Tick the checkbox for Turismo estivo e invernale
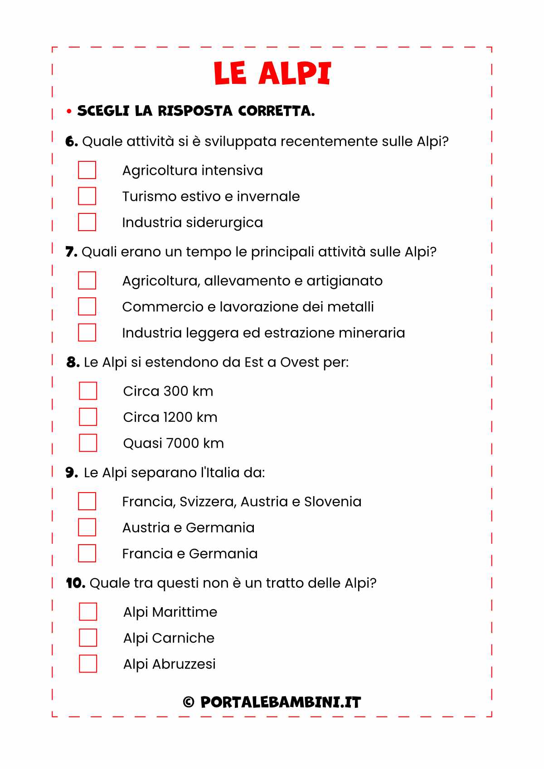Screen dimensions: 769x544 click(87, 196)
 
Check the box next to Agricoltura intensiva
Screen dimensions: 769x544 click(87, 170)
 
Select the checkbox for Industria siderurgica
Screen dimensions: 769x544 click(87, 222)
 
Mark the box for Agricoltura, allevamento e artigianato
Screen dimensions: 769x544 click(87, 281)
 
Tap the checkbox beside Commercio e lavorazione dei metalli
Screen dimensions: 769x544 click(87, 306)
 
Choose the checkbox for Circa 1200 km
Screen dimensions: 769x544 click(88, 417)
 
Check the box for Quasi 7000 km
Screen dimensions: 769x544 click(88, 443)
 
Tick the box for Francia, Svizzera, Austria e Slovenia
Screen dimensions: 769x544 click(87, 501)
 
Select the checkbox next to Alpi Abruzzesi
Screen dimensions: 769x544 click(88, 663)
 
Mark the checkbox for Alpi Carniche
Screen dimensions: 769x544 click(88, 638)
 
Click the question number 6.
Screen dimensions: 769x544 click(71, 141)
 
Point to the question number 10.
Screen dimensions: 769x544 click(75, 583)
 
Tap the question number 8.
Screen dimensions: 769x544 click(73, 362)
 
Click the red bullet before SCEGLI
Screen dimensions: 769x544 click(69, 111)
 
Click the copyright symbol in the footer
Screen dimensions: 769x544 click(189, 702)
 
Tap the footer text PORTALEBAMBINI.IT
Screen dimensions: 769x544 click(281, 702)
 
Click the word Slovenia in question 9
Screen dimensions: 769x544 click(333, 502)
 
